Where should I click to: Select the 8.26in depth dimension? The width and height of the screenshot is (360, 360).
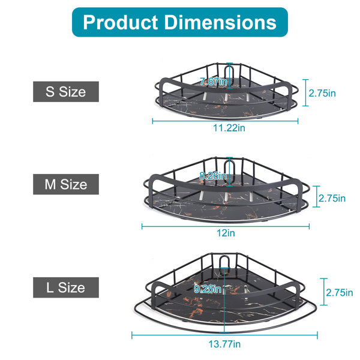(x=214, y=176)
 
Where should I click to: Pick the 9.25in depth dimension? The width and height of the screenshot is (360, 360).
(x=208, y=289)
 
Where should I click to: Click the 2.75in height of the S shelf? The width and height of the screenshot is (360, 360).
(x=322, y=94)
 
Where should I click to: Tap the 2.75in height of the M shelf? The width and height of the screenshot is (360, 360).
(x=332, y=197)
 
